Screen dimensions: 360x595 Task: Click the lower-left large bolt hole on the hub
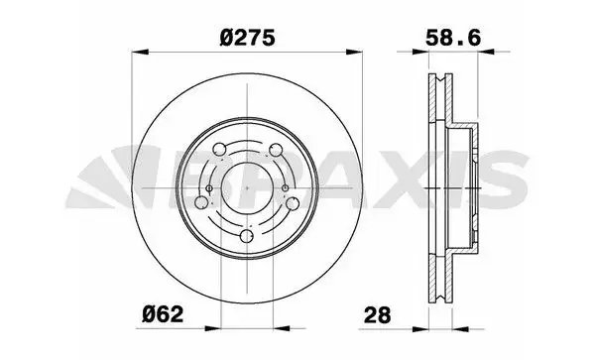[204, 203]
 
